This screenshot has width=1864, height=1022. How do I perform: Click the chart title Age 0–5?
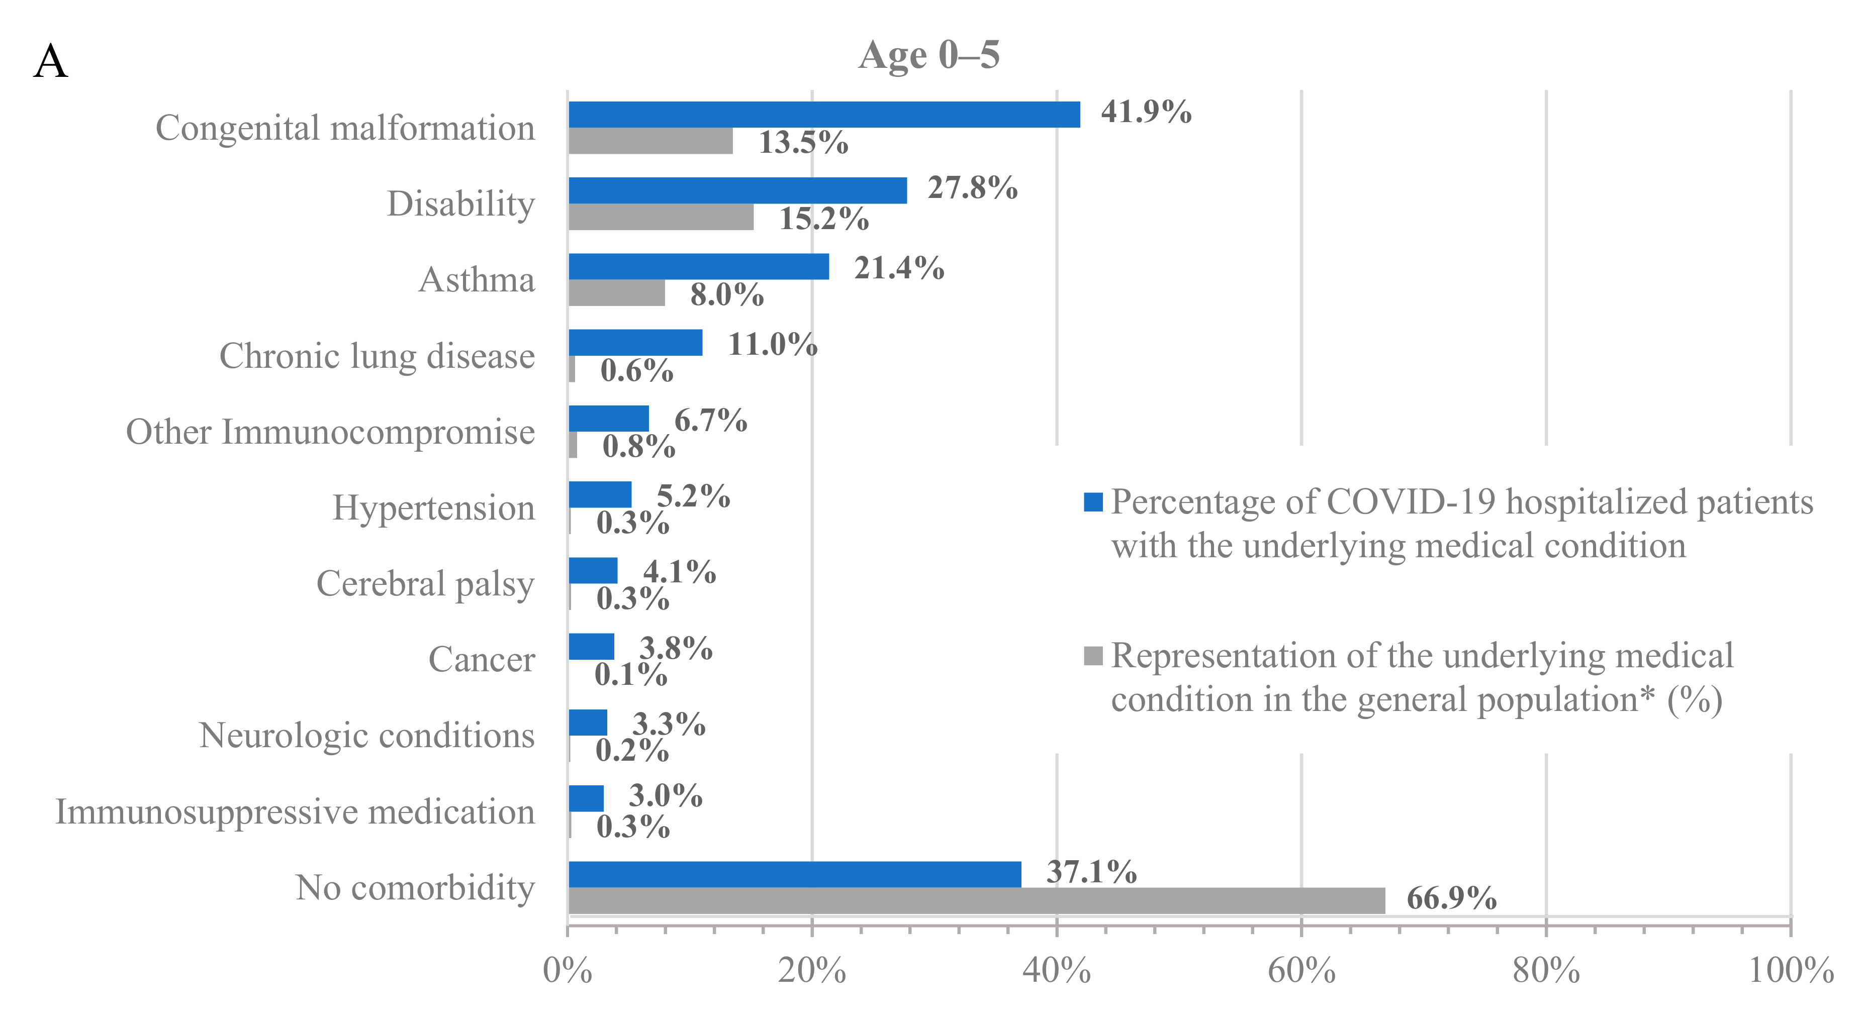coord(928,55)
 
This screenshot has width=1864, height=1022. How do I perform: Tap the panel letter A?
coord(51,62)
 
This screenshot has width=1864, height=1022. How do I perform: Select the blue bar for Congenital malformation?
coord(823,114)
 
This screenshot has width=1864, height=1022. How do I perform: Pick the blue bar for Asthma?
coord(698,266)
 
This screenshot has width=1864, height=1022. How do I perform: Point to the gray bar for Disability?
coord(661,217)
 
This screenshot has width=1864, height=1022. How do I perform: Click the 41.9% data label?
coord(1146,112)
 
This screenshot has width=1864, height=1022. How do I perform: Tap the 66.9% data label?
coord(1451,898)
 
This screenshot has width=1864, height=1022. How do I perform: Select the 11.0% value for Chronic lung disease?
coord(772,344)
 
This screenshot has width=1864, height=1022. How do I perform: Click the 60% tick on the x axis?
coord(1301,971)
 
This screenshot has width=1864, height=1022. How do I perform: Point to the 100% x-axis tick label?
coord(1790,971)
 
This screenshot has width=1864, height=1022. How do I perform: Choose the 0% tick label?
coord(568,971)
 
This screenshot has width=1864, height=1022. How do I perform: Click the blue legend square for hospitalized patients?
coord(1093,501)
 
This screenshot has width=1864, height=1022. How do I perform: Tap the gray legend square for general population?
coord(1093,655)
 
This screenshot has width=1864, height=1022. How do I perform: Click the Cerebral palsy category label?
coord(425,584)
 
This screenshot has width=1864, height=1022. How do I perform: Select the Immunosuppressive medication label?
coord(295,811)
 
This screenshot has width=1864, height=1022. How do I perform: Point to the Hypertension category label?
coord(433,508)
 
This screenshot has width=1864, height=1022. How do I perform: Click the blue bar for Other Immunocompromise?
coord(609,418)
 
